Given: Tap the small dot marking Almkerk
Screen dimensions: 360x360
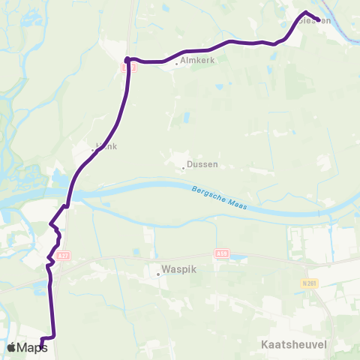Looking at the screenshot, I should [175, 64].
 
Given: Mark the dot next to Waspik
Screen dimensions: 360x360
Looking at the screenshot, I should [158, 274].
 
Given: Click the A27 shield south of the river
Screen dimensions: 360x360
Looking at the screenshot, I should [64, 255].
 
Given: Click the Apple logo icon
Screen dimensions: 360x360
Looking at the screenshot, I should [12, 347].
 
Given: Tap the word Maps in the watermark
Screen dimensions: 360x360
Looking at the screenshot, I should [32, 347].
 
